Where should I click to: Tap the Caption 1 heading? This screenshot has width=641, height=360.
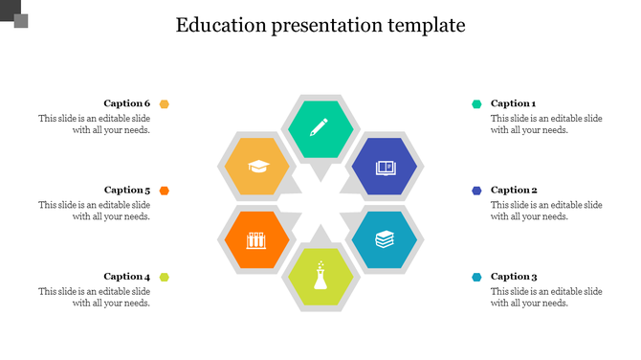[x=514, y=103]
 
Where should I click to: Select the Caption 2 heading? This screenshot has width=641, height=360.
[x=514, y=191]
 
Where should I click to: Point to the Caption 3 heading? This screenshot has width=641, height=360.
[x=514, y=277]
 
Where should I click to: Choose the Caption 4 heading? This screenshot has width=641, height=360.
[x=127, y=277]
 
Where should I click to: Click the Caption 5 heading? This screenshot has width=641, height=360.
[x=127, y=191]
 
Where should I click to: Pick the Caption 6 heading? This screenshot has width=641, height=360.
[x=127, y=103]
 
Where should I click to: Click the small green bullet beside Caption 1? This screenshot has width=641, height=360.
[x=475, y=103]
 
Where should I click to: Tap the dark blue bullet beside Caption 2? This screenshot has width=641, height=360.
[x=475, y=191]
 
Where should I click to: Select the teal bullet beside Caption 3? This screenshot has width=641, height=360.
[x=475, y=277]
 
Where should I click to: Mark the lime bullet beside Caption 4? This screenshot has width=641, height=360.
[x=165, y=277]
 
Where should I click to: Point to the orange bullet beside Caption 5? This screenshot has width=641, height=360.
[x=165, y=191]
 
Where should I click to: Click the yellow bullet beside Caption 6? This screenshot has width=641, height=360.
[x=165, y=103]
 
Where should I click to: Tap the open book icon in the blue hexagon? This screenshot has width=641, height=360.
[x=385, y=168]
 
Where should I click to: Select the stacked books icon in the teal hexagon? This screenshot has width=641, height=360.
[x=385, y=238]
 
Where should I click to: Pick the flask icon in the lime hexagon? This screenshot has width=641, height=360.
[x=320, y=277]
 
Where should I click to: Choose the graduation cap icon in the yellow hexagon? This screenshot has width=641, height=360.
[x=256, y=168]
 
